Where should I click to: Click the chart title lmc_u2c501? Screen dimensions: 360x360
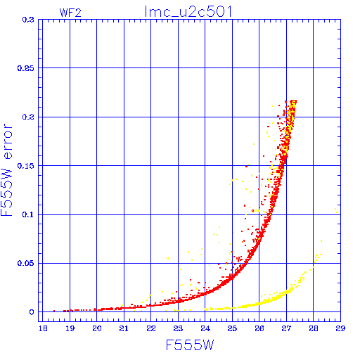(188, 12)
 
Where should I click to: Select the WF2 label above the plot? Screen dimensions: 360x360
(70, 13)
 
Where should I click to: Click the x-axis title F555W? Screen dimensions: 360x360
(190, 345)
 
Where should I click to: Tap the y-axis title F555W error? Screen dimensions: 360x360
(6, 169)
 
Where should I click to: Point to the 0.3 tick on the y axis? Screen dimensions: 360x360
(28, 20)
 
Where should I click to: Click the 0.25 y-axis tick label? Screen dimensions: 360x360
(25, 68)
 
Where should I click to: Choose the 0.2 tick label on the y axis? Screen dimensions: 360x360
(28, 117)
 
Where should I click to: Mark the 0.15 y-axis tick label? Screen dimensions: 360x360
(25, 166)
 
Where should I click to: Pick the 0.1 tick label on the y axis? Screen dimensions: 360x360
(28, 214)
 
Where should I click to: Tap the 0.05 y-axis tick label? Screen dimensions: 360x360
(25, 263)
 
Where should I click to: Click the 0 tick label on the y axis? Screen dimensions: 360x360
(32, 312)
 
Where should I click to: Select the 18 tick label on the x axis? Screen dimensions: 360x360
(43, 328)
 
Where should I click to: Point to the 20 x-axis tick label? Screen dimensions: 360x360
(97, 328)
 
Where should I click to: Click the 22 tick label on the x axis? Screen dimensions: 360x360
(151, 328)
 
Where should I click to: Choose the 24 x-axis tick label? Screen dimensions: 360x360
(205, 328)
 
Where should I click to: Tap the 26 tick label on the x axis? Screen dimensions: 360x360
(259, 328)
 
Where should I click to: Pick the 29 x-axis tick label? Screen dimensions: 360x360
(340, 328)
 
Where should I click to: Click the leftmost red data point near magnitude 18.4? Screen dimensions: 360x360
(54, 311)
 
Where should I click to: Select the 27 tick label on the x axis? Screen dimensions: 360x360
(286, 328)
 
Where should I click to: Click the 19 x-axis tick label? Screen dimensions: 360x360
(70, 328)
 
